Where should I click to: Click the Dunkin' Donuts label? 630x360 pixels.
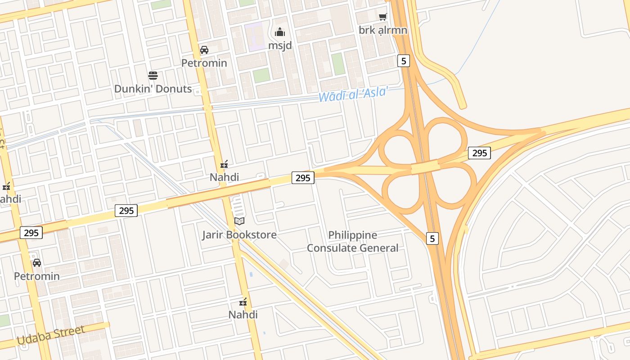[x=153, y=89]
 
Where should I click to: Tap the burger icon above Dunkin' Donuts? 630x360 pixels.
[x=153, y=75]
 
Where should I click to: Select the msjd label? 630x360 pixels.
[x=280, y=45]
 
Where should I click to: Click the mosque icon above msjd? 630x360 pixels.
[x=280, y=32]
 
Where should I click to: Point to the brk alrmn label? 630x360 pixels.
[x=383, y=30]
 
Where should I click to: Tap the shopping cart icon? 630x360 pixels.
[x=382, y=17]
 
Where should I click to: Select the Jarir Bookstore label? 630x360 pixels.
[x=239, y=234]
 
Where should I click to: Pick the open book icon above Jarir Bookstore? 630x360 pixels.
[x=239, y=221]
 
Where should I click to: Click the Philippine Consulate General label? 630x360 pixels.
[x=353, y=241]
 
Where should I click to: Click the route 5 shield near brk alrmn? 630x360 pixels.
[x=404, y=61]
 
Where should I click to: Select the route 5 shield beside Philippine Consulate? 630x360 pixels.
[x=432, y=238]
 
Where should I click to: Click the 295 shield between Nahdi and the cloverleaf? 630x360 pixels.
[x=303, y=178]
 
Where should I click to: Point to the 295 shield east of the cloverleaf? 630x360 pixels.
[x=479, y=153]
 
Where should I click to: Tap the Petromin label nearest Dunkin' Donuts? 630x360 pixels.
[x=204, y=63]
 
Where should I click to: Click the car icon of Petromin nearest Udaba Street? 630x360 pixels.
[x=37, y=263]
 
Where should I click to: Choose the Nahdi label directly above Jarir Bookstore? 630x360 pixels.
[x=224, y=177]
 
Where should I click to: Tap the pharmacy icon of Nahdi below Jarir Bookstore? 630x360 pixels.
[x=243, y=301]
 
